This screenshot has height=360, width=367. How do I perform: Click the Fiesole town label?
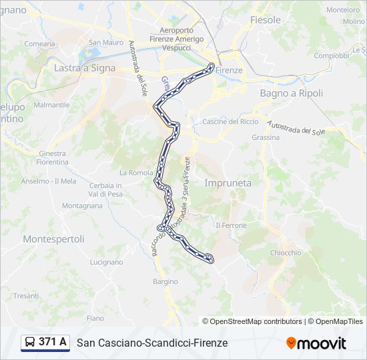(x=265, y=20)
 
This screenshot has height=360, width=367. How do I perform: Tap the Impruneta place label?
(x=228, y=183)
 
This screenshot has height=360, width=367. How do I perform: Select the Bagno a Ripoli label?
(x=291, y=93)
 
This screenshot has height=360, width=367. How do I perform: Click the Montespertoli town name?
(x=53, y=239)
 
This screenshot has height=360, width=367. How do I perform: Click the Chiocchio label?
(x=286, y=253)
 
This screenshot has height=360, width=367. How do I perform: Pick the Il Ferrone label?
(x=231, y=225)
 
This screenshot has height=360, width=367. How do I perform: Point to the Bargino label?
(x=165, y=282)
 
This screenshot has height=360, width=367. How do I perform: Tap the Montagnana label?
(x=82, y=207)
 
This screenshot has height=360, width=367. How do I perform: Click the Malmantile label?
(x=51, y=105)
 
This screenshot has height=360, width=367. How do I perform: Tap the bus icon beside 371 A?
(x=30, y=343)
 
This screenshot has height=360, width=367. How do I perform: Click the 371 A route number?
(x=53, y=342)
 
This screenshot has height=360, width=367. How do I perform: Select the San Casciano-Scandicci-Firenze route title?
(x=152, y=343)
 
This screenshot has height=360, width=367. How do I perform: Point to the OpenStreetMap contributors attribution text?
(x=256, y=321)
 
